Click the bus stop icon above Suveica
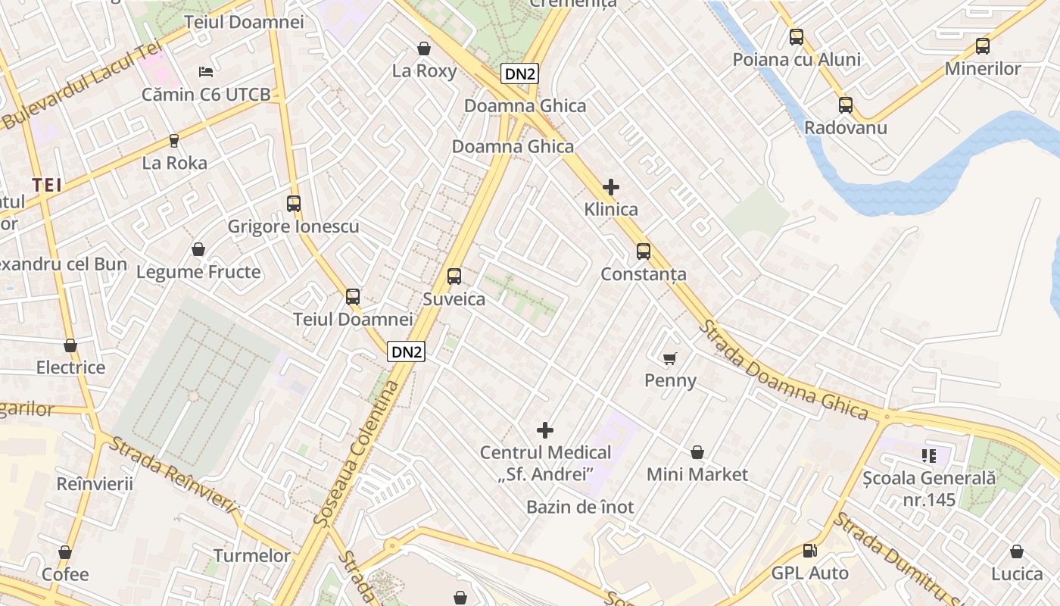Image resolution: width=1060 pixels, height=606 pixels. [454, 276]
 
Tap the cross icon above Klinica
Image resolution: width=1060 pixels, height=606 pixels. [611, 187]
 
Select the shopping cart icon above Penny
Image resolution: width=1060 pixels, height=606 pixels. [669, 358]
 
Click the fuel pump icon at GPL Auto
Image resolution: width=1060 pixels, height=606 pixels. [809, 551]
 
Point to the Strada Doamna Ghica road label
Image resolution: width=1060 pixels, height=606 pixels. [784, 370]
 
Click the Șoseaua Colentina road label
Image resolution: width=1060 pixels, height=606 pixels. [357, 453]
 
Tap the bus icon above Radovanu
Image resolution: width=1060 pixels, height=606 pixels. [846, 105]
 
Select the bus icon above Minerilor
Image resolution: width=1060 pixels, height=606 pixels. [983, 46]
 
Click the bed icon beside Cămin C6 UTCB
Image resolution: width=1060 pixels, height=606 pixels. [206, 72]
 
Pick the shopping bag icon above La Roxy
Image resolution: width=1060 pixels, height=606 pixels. [424, 49]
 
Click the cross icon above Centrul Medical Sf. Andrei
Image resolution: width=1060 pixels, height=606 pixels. [545, 430]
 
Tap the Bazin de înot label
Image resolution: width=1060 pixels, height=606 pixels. [580, 507]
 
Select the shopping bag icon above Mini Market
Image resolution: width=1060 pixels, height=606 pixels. [697, 453]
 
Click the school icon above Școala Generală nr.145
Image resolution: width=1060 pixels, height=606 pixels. [929, 456]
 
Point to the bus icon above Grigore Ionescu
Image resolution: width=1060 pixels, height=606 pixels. [294, 204]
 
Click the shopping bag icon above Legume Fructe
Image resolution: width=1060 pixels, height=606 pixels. [198, 249]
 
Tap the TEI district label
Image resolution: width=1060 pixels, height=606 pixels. [47, 185]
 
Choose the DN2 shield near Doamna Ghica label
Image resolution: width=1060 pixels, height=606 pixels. [520, 73]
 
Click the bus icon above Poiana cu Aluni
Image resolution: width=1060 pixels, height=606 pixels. [797, 37]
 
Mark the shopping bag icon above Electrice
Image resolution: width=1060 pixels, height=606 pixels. [70, 346]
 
